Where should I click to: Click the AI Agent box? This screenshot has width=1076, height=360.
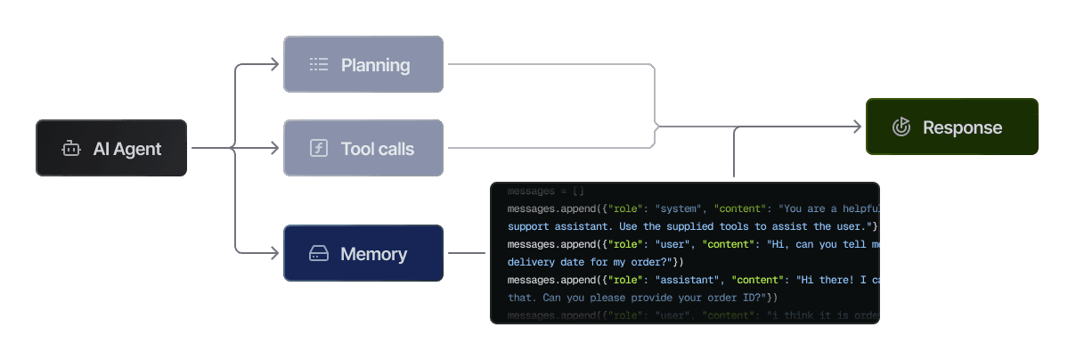click(111, 149)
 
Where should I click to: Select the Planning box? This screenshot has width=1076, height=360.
click(363, 64)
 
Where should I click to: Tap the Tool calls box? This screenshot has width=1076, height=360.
click(363, 149)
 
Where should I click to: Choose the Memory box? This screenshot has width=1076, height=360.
click(363, 254)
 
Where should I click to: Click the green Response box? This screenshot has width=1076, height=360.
click(951, 127)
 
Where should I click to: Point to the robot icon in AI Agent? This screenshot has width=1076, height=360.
click(71, 149)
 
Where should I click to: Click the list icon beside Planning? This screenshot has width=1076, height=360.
click(319, 64)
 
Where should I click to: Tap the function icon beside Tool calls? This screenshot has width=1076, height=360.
click(319, 149)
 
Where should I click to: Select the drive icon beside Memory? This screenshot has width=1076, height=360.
click(319, 254)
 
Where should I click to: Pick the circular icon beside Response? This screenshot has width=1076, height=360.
click(901, 127)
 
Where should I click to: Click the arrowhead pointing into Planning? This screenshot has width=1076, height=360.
click(276, 64)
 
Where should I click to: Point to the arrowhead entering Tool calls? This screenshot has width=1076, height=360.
click(276, 149)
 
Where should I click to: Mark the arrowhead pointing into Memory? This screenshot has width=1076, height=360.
click(276, 254)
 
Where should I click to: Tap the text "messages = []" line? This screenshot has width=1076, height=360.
click(545, 192)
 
